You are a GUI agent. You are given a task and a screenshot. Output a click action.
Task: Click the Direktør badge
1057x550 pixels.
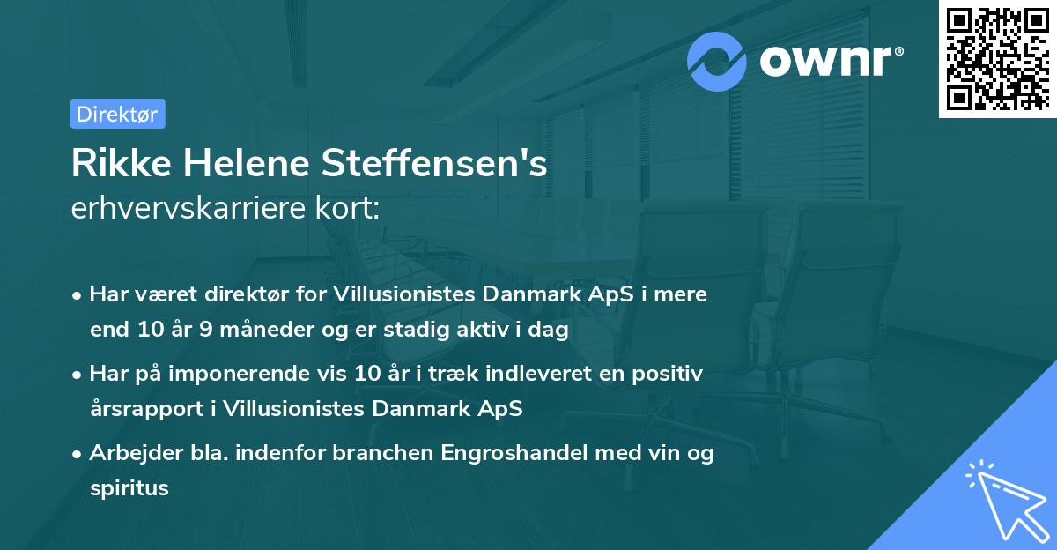(x=117, y=114)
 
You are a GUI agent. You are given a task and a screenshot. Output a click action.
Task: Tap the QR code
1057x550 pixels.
(x=997, y=59)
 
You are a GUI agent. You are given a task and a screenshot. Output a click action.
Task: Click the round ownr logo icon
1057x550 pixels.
(x=717, y=61)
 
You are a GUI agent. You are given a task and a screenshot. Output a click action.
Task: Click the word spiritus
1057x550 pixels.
(x=129, y=487)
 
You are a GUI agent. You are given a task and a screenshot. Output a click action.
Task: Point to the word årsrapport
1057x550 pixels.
(x=140, y=408)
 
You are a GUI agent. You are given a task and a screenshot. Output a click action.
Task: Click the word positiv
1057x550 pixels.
(x=667, y=375)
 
